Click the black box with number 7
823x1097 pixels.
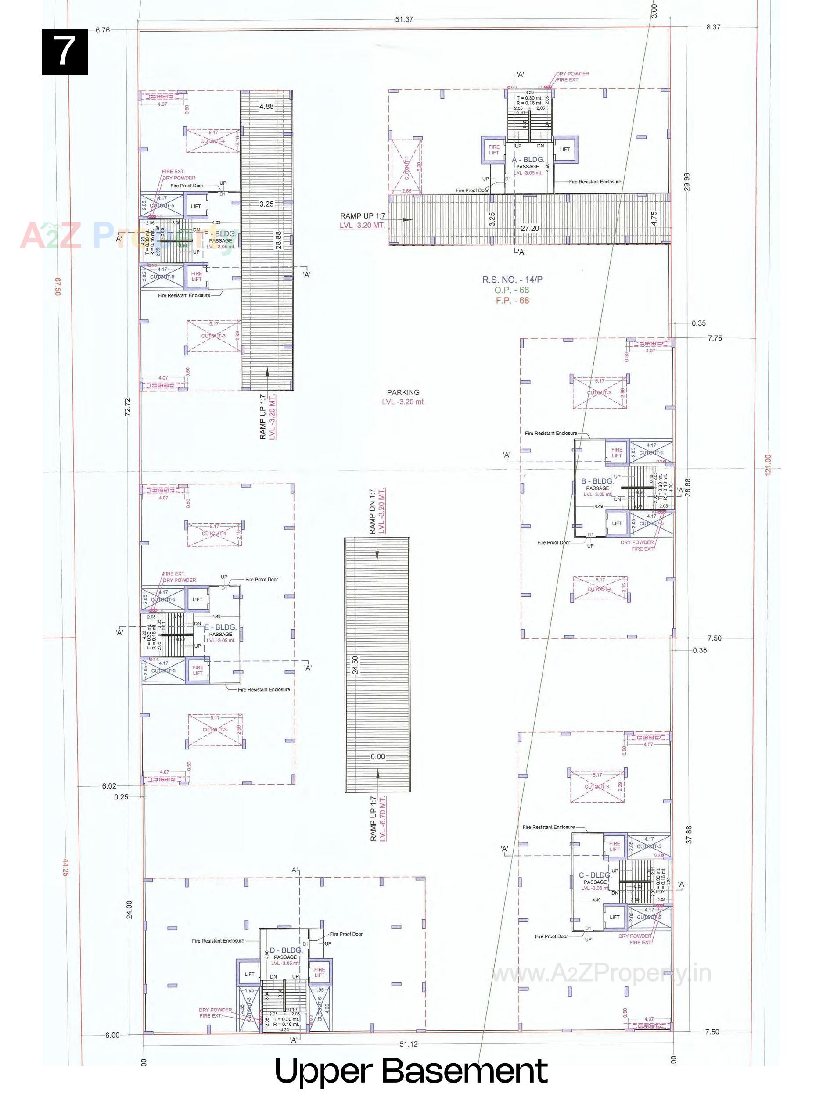(x=65, y=52)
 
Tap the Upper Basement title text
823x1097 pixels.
(x=411, y=1072)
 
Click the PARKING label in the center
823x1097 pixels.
(x=403, y=392)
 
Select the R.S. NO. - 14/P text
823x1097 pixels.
(x=512, y=279)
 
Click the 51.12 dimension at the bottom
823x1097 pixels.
(x=408, y=1044)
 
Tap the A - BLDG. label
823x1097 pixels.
(x=528, y=160)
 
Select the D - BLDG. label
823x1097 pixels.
(x=286, y=950)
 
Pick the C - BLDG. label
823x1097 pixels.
(x=595, y=875)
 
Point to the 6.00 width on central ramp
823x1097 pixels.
(x=377, y=756)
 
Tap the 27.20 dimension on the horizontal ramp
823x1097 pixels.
(x=530, y=229)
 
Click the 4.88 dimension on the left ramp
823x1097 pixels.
(x=266, y=106)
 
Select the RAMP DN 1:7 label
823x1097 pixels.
(x=372, y=511)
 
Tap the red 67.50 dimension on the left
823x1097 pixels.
(x=57, y=287)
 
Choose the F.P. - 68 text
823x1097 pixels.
(x=512, y=301)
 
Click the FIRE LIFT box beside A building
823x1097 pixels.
(x=494, y=150)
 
